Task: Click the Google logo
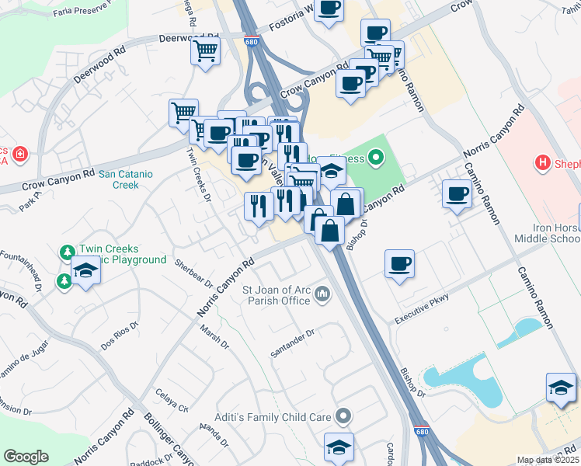pyautogui.click(x=26, y=457)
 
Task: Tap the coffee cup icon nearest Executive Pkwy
pyautogui.click(x=400, y=263)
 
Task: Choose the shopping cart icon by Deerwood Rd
pyautogui.click(x=206, y=51)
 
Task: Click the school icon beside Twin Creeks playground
pyautogui.click(x=85, y=270)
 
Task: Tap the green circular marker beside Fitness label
pyautogui.click(x=377, y=159)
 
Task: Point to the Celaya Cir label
pyautogui.click(x=172, y=401)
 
